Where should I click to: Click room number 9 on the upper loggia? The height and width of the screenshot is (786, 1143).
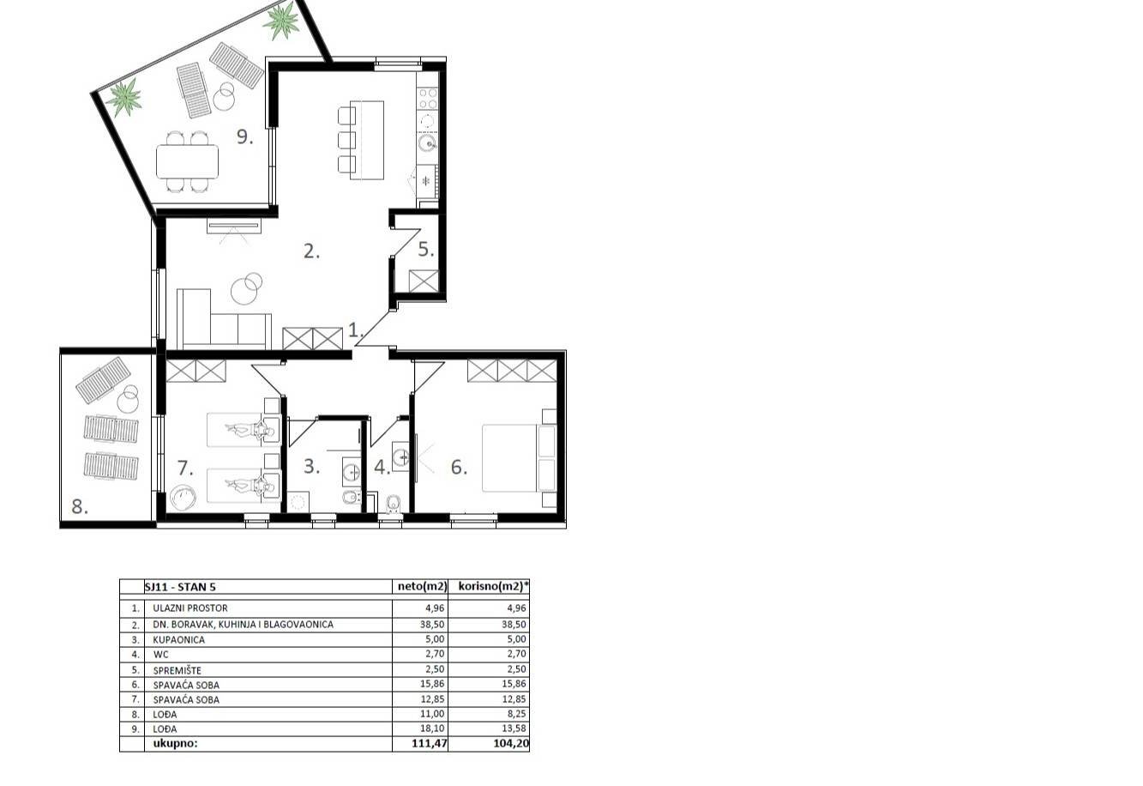244,136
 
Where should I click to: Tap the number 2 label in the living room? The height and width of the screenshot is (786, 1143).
311,251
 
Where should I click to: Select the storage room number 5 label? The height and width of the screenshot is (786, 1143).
426,250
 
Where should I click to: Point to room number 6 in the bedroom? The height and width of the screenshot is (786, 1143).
459,468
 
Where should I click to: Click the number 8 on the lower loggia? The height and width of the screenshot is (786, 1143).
80,506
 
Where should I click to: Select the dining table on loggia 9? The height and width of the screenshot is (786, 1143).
187,160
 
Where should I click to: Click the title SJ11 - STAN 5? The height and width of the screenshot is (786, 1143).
180,588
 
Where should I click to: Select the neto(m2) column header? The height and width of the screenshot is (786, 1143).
422,588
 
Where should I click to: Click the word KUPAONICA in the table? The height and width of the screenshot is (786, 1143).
179,639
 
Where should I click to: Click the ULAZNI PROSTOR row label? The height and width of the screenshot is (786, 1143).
190,608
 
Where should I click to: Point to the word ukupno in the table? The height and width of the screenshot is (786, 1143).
175,744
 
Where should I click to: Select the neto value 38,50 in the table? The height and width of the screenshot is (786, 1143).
433,625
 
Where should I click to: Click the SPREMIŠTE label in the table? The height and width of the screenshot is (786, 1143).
177,669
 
